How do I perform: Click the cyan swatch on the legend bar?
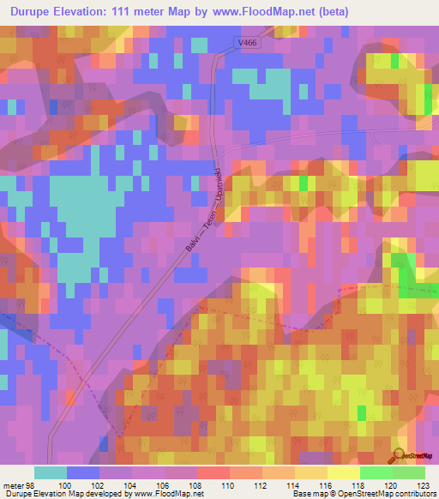(51, 472)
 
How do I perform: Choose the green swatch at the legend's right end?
(409, 472)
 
